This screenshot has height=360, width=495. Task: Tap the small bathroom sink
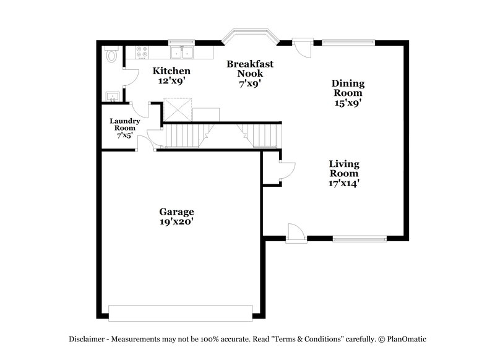click(x=113, y=96)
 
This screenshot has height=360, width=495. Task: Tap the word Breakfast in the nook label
click(x=250, y=64)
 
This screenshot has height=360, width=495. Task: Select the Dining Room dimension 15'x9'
click(x=348, y=103)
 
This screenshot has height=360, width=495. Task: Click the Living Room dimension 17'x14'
click(x=344, y=183)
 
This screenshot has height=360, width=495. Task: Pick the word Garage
click(x=176, y=211)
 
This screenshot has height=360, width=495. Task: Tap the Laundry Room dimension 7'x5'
click(x=125, y=135)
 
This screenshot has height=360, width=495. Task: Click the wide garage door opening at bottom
click(x=181, y=312)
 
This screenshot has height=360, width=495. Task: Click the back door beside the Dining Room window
click(x=303, y=48)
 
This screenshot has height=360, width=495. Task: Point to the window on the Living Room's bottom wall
click(x=359, y=238)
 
